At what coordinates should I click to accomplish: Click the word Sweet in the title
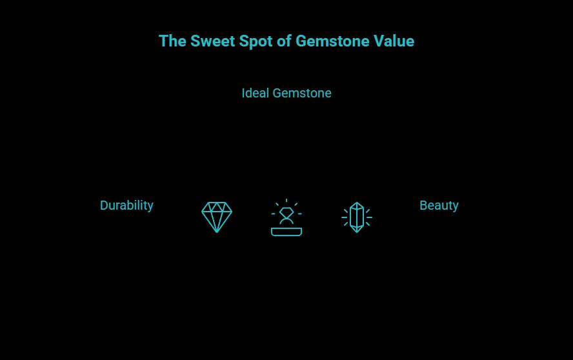coord(212,41)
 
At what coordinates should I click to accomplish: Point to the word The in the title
coord(172,41)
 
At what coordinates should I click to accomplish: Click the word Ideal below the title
coord(255,93)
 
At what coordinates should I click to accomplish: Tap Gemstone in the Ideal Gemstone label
coord(302,93)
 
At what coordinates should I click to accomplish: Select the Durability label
coord(126,205)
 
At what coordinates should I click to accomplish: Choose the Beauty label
coord(439,205)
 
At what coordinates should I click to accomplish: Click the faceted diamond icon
coord(217,217)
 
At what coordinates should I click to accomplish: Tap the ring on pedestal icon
coord(286,218)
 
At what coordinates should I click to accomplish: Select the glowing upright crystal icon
coord(357,217)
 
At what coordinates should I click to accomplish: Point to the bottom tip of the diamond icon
coord(217,231)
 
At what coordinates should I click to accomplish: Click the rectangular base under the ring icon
coord(286,232)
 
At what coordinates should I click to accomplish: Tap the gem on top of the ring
coord(286,211)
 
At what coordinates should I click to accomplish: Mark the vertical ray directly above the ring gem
coord(286,201)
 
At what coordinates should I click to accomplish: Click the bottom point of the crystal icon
coord(357,231)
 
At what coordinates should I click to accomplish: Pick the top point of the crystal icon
coord(357,203)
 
